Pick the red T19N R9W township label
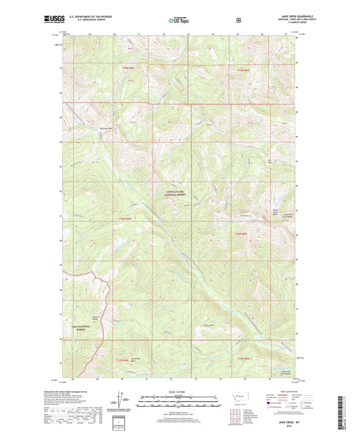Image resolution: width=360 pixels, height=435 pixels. (128, 70)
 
